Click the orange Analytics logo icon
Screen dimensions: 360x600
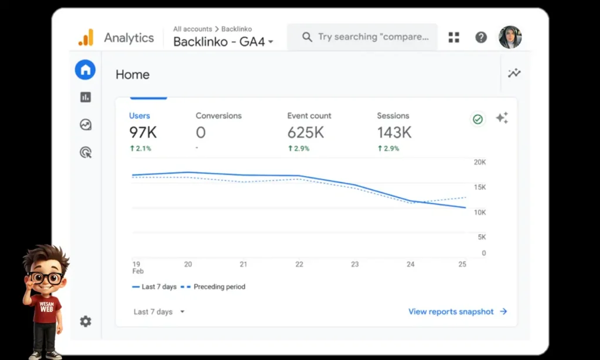click(86, 38)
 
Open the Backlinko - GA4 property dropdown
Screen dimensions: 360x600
click(223, 42)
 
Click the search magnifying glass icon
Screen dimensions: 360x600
click(307, 37)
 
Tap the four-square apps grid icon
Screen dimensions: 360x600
click(454, 38)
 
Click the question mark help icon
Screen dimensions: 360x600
click(481, 38)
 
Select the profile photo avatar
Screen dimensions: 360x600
click(510, 37)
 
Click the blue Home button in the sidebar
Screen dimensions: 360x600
click(86, 70)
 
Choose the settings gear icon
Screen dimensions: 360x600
click(86, 321)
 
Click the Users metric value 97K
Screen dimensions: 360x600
click(143, 133)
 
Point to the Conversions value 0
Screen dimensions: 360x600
click(201, 133)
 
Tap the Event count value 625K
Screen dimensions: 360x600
click(305, 133)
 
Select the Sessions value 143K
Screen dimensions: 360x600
click(394, 133)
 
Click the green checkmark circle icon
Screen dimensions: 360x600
click(478, 119)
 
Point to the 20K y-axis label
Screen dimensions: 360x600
click(480, 162)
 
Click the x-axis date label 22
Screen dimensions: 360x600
click(299, 264)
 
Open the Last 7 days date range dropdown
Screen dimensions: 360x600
click(159, 312)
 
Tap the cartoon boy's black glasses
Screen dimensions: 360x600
click(46, 278)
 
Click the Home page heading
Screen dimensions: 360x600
click(132, 74)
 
